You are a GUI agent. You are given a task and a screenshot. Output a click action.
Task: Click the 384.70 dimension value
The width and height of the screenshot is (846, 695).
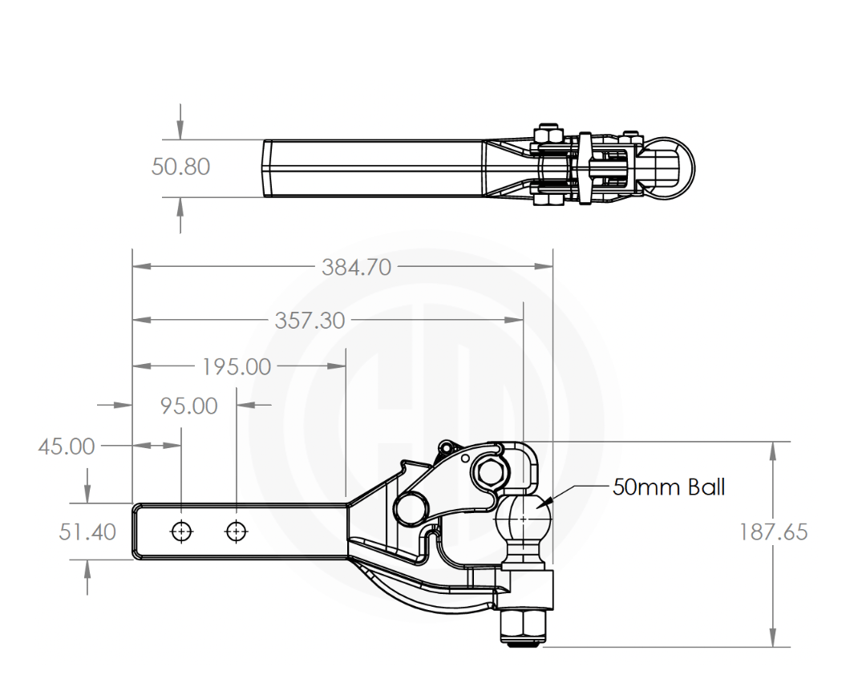click(x=357, y=268)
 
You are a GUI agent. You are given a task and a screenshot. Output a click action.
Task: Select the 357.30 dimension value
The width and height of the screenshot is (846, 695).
click(x=310, y=321)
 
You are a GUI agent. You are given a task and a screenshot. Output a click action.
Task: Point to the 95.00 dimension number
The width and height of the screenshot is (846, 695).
click(x=189, y=406)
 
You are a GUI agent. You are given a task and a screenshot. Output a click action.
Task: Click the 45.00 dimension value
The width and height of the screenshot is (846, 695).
click(x=66, y=446)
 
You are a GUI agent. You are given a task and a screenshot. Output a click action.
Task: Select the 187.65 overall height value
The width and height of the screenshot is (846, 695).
click(x=773, y=532)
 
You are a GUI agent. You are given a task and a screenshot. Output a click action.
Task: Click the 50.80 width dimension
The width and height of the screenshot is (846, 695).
click(x=180, y=167)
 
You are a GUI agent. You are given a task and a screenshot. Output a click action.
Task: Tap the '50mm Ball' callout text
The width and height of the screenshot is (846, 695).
click(x=669, y=487)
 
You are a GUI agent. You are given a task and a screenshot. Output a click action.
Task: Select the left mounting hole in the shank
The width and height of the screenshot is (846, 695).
click(x=181, y=531)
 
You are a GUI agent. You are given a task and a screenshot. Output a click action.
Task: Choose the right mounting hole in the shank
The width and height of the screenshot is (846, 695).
click(x=236, y=531)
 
